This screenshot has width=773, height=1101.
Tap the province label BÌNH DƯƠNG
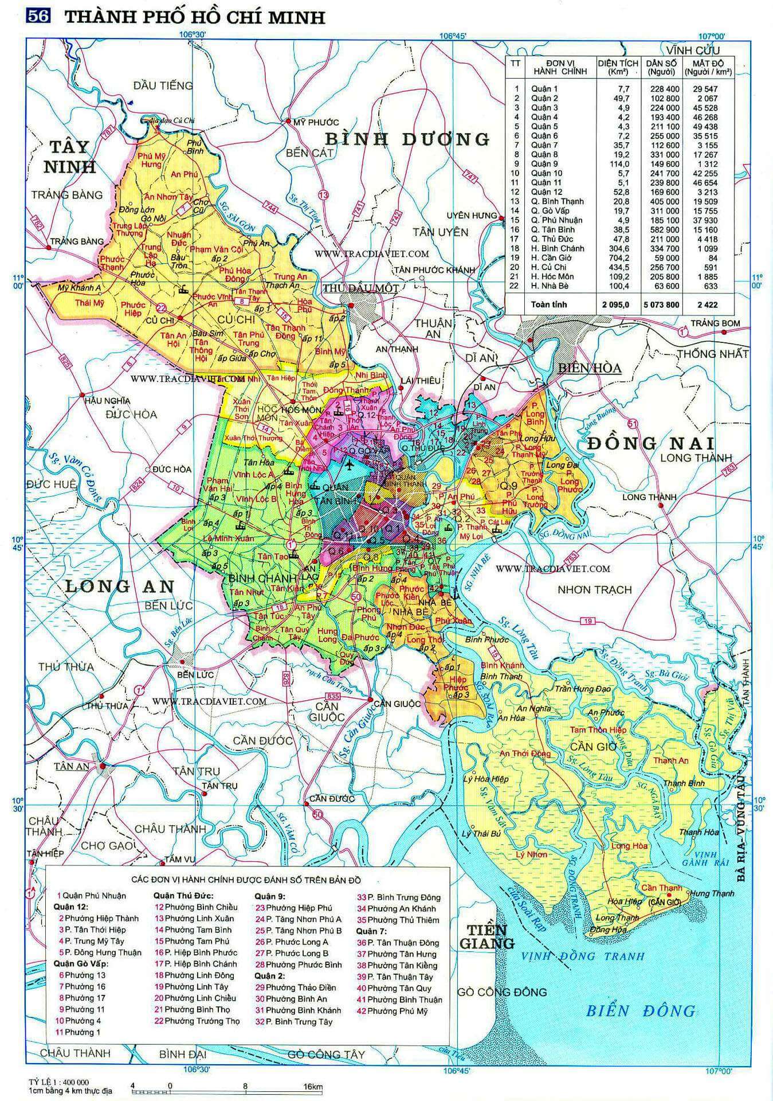(407, 139)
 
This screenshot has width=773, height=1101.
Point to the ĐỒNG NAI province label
(650, 443)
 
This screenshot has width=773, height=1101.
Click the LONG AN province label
(119, 585)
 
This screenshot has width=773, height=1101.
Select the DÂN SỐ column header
(661, 67)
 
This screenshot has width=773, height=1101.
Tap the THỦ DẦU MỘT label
(360, 288)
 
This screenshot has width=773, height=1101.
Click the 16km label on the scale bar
(313, 1087)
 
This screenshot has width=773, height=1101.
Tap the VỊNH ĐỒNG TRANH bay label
(583, 956)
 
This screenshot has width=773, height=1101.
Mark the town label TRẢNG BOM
(715, 323)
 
